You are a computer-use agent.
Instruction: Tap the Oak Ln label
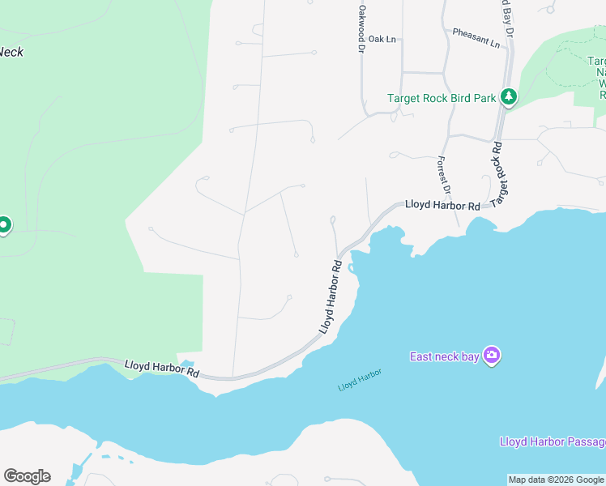click(x=382, y=39)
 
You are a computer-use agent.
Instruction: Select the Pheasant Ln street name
click(x=476, y=37)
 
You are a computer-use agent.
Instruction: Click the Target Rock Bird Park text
click(x=441, y=98)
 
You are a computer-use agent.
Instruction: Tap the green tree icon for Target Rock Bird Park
click(x=508, y=98)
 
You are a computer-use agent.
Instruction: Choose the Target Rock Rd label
click(x=501, y=173)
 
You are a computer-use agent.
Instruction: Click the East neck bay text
click(x=444, y=356)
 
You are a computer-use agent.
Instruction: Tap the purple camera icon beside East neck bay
click(x=491, y=356)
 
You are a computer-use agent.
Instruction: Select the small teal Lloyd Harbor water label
click(x=359, y=380)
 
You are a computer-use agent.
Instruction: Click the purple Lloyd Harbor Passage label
click(x=552, y=441)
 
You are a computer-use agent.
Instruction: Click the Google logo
click(x=27, y=476)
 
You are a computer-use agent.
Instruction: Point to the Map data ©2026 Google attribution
click(x=556, y=480)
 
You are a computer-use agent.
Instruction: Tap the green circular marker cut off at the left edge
click(x=4, y=225)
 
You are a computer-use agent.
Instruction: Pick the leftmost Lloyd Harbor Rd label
click(x=162, y=369)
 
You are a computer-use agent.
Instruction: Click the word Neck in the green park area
click(x=11, y=52)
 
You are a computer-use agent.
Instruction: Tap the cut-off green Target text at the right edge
click(x=596, y=61)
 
